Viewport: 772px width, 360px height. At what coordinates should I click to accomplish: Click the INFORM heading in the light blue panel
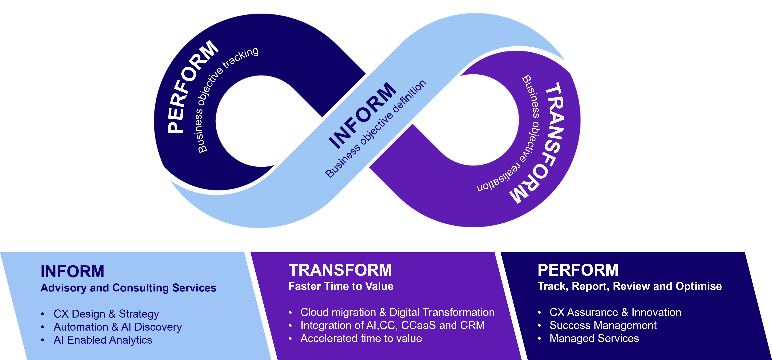point(72,272)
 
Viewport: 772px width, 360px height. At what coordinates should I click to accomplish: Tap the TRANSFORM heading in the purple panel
point(340,270)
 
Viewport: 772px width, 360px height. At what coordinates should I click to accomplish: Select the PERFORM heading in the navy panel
point(578,270)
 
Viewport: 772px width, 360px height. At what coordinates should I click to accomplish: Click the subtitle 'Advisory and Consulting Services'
point(128,288)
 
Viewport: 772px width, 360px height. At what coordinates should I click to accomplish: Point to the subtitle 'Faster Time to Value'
point(341,286)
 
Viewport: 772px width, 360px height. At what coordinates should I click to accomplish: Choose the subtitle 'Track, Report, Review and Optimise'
point(629,286)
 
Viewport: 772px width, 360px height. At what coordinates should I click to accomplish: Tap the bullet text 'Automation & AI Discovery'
point(117,327)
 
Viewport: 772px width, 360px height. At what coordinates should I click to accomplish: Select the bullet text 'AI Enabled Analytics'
point(103,340)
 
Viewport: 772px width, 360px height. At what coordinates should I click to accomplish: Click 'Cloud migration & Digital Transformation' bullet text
point(397,312)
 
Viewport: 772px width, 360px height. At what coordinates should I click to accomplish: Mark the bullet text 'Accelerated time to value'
point(361,338)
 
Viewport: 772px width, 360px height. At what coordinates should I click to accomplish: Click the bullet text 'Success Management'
point(603,325)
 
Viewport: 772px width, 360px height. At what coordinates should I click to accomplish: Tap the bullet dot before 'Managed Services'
point(539,339)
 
